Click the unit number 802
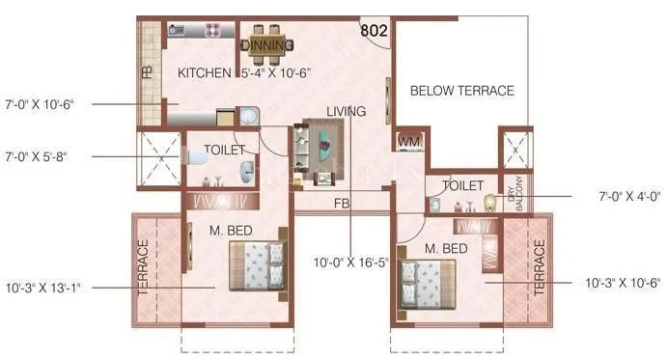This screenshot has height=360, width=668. [x=375, y=31]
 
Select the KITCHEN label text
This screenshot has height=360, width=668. [x=204, y=72]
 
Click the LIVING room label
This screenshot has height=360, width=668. [x=346, y=112]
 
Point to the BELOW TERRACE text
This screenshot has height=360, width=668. [x=461, y=91]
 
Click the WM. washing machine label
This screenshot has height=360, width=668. [x=410, y=141]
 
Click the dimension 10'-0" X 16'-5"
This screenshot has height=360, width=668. [x=349, y=262]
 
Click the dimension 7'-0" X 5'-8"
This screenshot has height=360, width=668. [x=38, y=155]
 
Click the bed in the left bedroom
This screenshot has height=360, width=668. [x=256, y=266]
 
